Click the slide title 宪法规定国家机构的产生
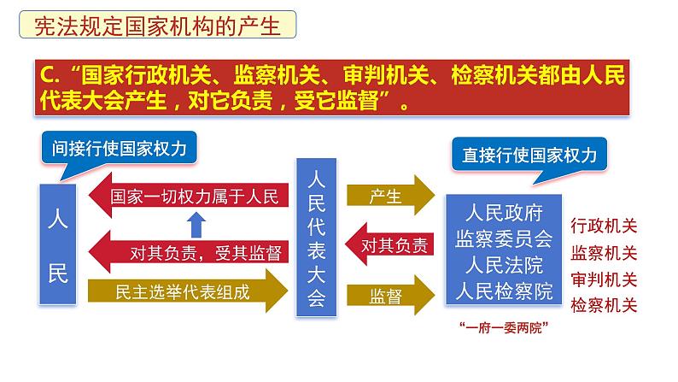tap(157, 25)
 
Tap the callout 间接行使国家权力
tap(119, 149)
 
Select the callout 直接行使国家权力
tap(529, 155)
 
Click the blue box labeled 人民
tap(58, 244)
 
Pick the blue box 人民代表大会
tap(316, 238)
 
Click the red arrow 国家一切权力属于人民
tap(189, 196)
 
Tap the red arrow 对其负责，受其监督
tap(189, 252)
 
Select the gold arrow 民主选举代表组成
tap(188, 291)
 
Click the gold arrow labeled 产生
tap(391, 196)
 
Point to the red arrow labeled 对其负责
tap(389, 244)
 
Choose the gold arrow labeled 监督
tap(391, 295)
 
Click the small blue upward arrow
tap(196, 225)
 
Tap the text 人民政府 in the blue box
tap(504, 213)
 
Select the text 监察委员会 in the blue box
tap(504, 238)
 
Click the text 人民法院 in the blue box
tap(504, 265)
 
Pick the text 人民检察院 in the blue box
tap(504, 291)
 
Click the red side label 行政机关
tap(604, 226)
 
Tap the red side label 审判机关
tap(604, 279)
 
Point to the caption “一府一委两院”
tap(504, 327)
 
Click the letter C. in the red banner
tap(50, 75)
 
